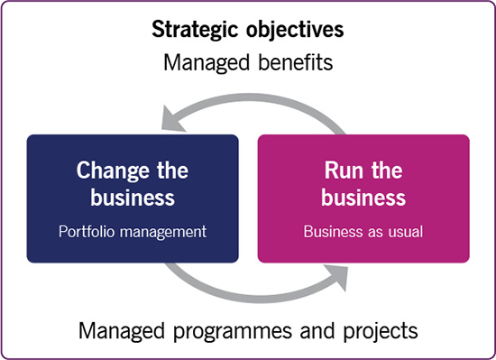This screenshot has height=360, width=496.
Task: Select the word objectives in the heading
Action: [295, 30]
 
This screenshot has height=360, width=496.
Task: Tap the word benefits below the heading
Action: [296, 62]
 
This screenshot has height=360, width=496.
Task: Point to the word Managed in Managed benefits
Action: [207, 63]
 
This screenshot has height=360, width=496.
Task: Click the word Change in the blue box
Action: [113, 171]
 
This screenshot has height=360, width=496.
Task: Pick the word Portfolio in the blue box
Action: [87, 232]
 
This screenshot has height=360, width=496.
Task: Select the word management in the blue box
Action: [163, 233]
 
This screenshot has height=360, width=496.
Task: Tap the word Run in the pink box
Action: [344, 171]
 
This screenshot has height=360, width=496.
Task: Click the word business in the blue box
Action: [133, 197]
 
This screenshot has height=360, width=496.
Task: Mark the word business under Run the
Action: [363, 197]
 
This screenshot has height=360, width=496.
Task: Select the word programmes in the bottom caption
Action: [234, 332]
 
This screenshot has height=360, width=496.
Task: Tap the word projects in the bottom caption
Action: [381, 332]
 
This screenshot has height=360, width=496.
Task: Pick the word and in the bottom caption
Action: [317, 331]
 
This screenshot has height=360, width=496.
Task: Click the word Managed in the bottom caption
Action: [122, 332]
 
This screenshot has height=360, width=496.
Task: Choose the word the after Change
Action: [173, 171]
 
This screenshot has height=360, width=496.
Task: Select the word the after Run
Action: [387, 171]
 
